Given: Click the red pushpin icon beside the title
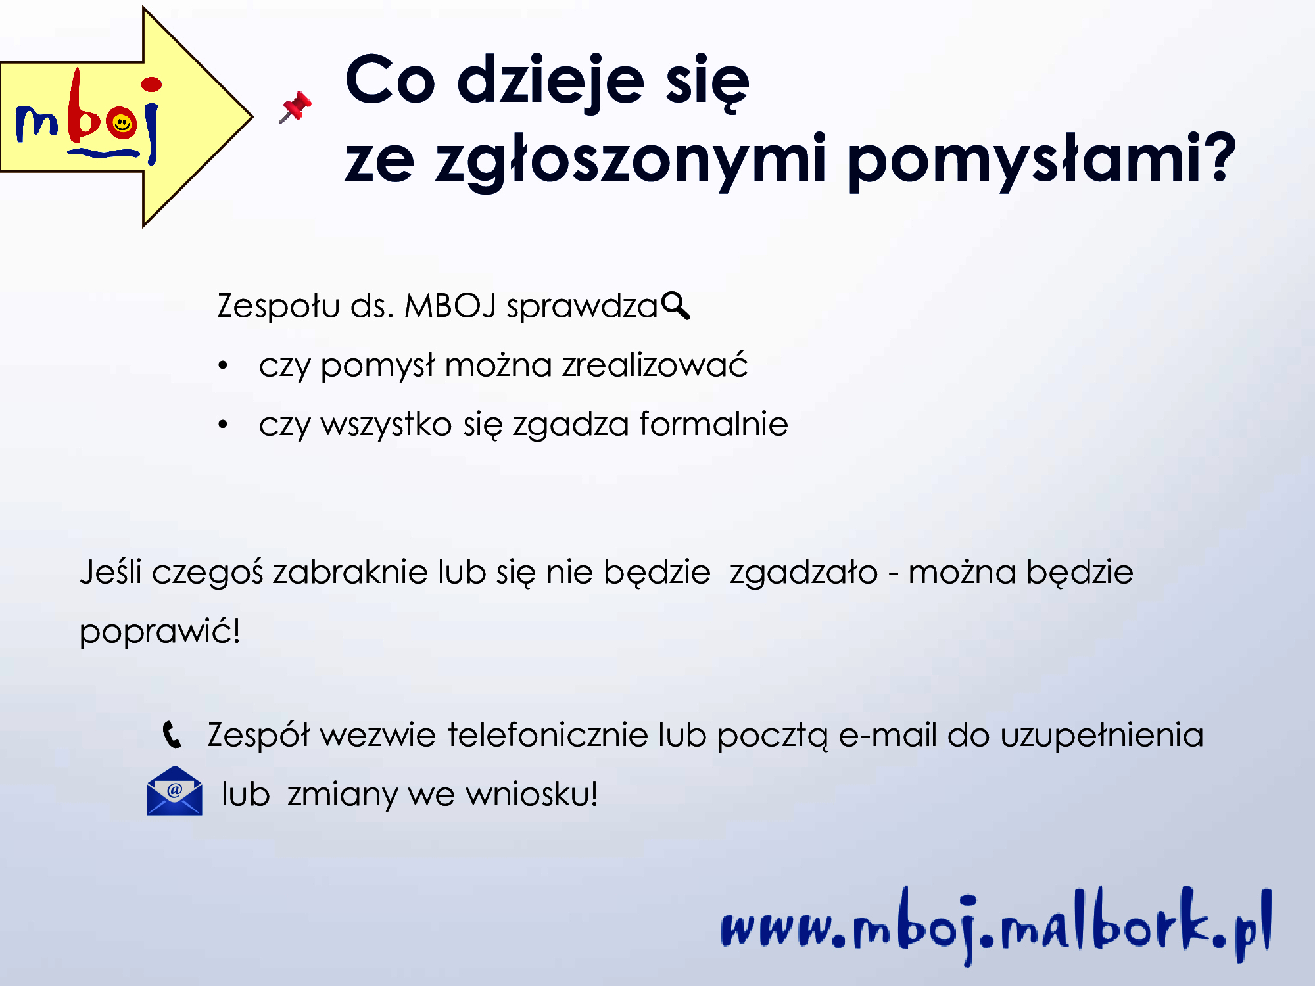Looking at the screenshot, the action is (296, 107).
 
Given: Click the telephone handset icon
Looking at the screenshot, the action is (172, 735).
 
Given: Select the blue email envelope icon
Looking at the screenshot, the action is (174, 791).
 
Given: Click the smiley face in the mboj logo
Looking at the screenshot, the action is (122, 124).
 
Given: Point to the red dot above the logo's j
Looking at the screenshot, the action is (151, 84).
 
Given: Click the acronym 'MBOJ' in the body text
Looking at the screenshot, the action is (450, 306).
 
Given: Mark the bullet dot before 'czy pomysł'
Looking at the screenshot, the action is (223, 365).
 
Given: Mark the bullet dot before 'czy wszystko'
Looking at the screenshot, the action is (223, 425).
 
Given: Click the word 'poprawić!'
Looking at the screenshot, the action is (160, 632).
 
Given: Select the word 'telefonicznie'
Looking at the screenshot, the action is (548, 734).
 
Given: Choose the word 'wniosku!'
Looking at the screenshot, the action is (532, 793).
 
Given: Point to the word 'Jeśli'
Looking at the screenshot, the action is (110, 571).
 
